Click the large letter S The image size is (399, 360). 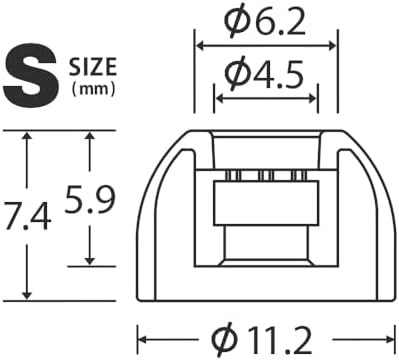pos(30,75)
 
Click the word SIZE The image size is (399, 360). pos(93,67)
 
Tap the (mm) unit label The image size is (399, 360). pos(94,89)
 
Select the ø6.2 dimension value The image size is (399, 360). pos(265,22)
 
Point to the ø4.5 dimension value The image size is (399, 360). pos(265,73)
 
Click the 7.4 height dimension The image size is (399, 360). pos(27,218)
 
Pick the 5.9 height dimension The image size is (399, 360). pos(89,200)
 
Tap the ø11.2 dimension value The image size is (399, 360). pos(263,340)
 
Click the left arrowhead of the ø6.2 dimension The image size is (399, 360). pos(200,46)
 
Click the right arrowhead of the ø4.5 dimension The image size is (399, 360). pos(312,98)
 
